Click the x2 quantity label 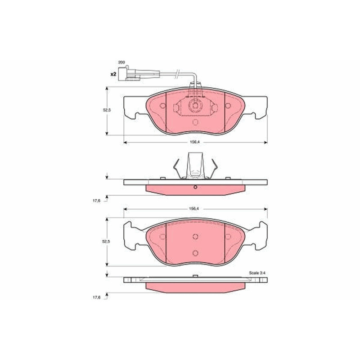(113, 74)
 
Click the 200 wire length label (121, 62)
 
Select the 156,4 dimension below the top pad (195, 142)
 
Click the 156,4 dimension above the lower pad (195, 209)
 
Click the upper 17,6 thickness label (96, 201)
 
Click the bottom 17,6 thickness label (96, 297)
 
